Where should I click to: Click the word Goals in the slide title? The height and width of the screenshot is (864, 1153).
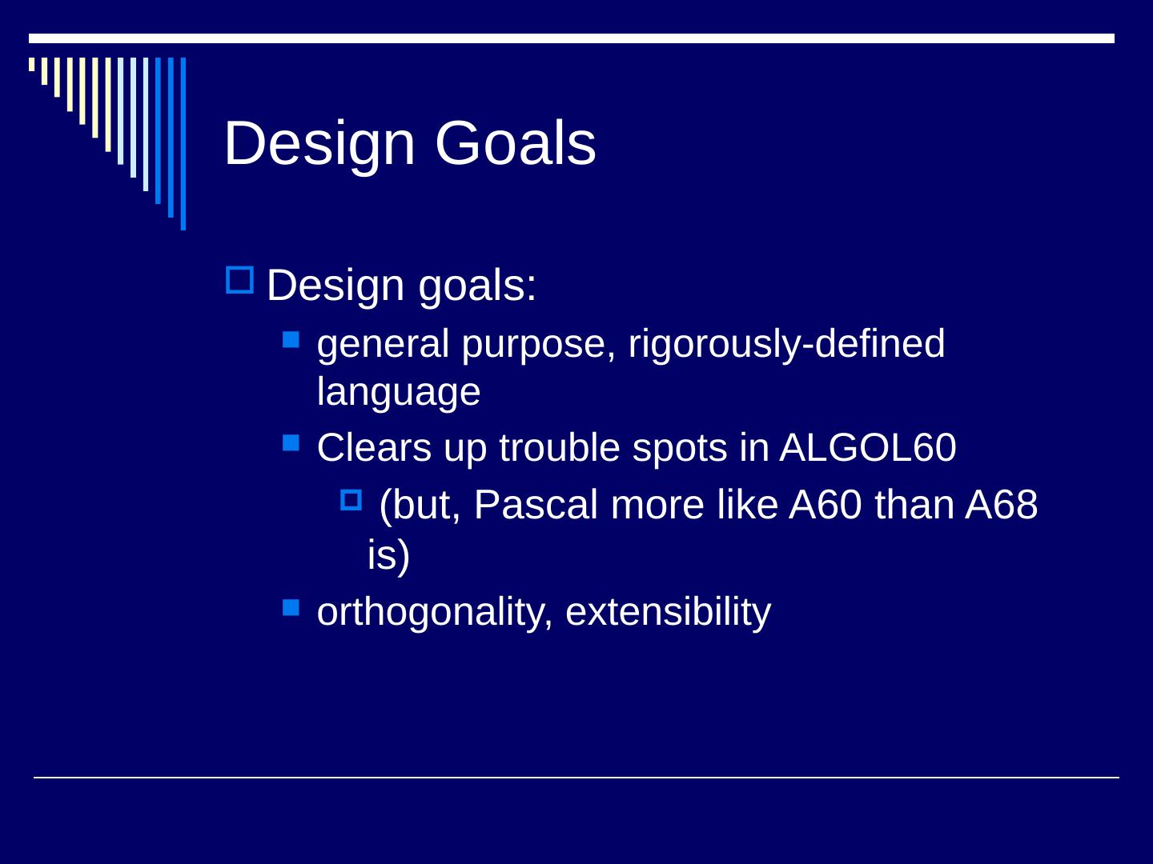pos(516,142)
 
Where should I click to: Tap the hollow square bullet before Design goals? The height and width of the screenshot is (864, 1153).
pos(239,280)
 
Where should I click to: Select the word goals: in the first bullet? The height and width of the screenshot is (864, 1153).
pos(477,287)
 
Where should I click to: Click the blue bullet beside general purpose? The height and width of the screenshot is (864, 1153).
pos(291,339)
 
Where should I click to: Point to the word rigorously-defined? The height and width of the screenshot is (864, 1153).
pos(786,345)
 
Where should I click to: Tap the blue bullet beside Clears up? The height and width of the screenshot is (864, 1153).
pos(291,442)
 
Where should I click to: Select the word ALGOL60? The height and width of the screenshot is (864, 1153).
pos(867,447)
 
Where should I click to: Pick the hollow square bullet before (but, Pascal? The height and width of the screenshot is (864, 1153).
pos(351,499)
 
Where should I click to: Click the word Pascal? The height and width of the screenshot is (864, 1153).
pos(536,505)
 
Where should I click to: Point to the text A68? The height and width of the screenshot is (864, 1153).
pos(1001,505)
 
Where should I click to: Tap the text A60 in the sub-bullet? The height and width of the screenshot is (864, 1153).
pos(826,505)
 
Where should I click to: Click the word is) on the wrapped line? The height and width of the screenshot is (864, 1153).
pos(388,555)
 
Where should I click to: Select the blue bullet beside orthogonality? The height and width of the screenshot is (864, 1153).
pos(291,608)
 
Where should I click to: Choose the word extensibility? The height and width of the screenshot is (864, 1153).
pos(668,612)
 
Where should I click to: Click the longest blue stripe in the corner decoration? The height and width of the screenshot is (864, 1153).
pos(183,144)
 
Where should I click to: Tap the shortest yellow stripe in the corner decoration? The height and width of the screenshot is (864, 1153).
pos(31,65)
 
